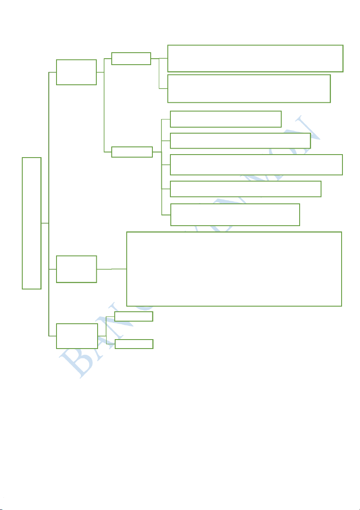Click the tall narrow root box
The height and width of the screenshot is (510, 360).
pos(32,223)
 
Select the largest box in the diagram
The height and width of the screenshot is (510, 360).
pos(234,269)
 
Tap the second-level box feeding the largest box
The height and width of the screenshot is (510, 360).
pos(77,269)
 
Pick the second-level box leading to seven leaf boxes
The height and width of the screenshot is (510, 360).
pos(77,72)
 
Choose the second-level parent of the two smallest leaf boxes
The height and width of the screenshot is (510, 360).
pos(77,336)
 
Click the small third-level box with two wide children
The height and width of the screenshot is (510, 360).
pos(131,58)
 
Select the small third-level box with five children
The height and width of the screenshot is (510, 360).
pos(132,152)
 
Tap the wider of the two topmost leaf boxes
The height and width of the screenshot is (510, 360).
pos(255,58)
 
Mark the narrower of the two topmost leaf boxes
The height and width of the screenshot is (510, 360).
pos(249,88)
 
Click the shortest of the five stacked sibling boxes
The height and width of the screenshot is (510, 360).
pos(226,119)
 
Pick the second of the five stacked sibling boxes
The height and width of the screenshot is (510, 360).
pos(240,140)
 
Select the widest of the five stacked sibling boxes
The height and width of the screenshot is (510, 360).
pos(256,164)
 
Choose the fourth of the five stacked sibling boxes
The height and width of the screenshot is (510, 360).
pos(245,188)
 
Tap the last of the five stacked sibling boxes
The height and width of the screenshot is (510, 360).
pos(235,215)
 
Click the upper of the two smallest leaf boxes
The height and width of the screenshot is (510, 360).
pos(134,316)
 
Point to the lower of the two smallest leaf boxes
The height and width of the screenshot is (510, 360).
pos(134,344)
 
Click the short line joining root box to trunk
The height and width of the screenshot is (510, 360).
pos(45,223)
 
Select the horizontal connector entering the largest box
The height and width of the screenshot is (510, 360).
pos(112,269)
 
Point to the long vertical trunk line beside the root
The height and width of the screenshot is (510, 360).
pos(50,171)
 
